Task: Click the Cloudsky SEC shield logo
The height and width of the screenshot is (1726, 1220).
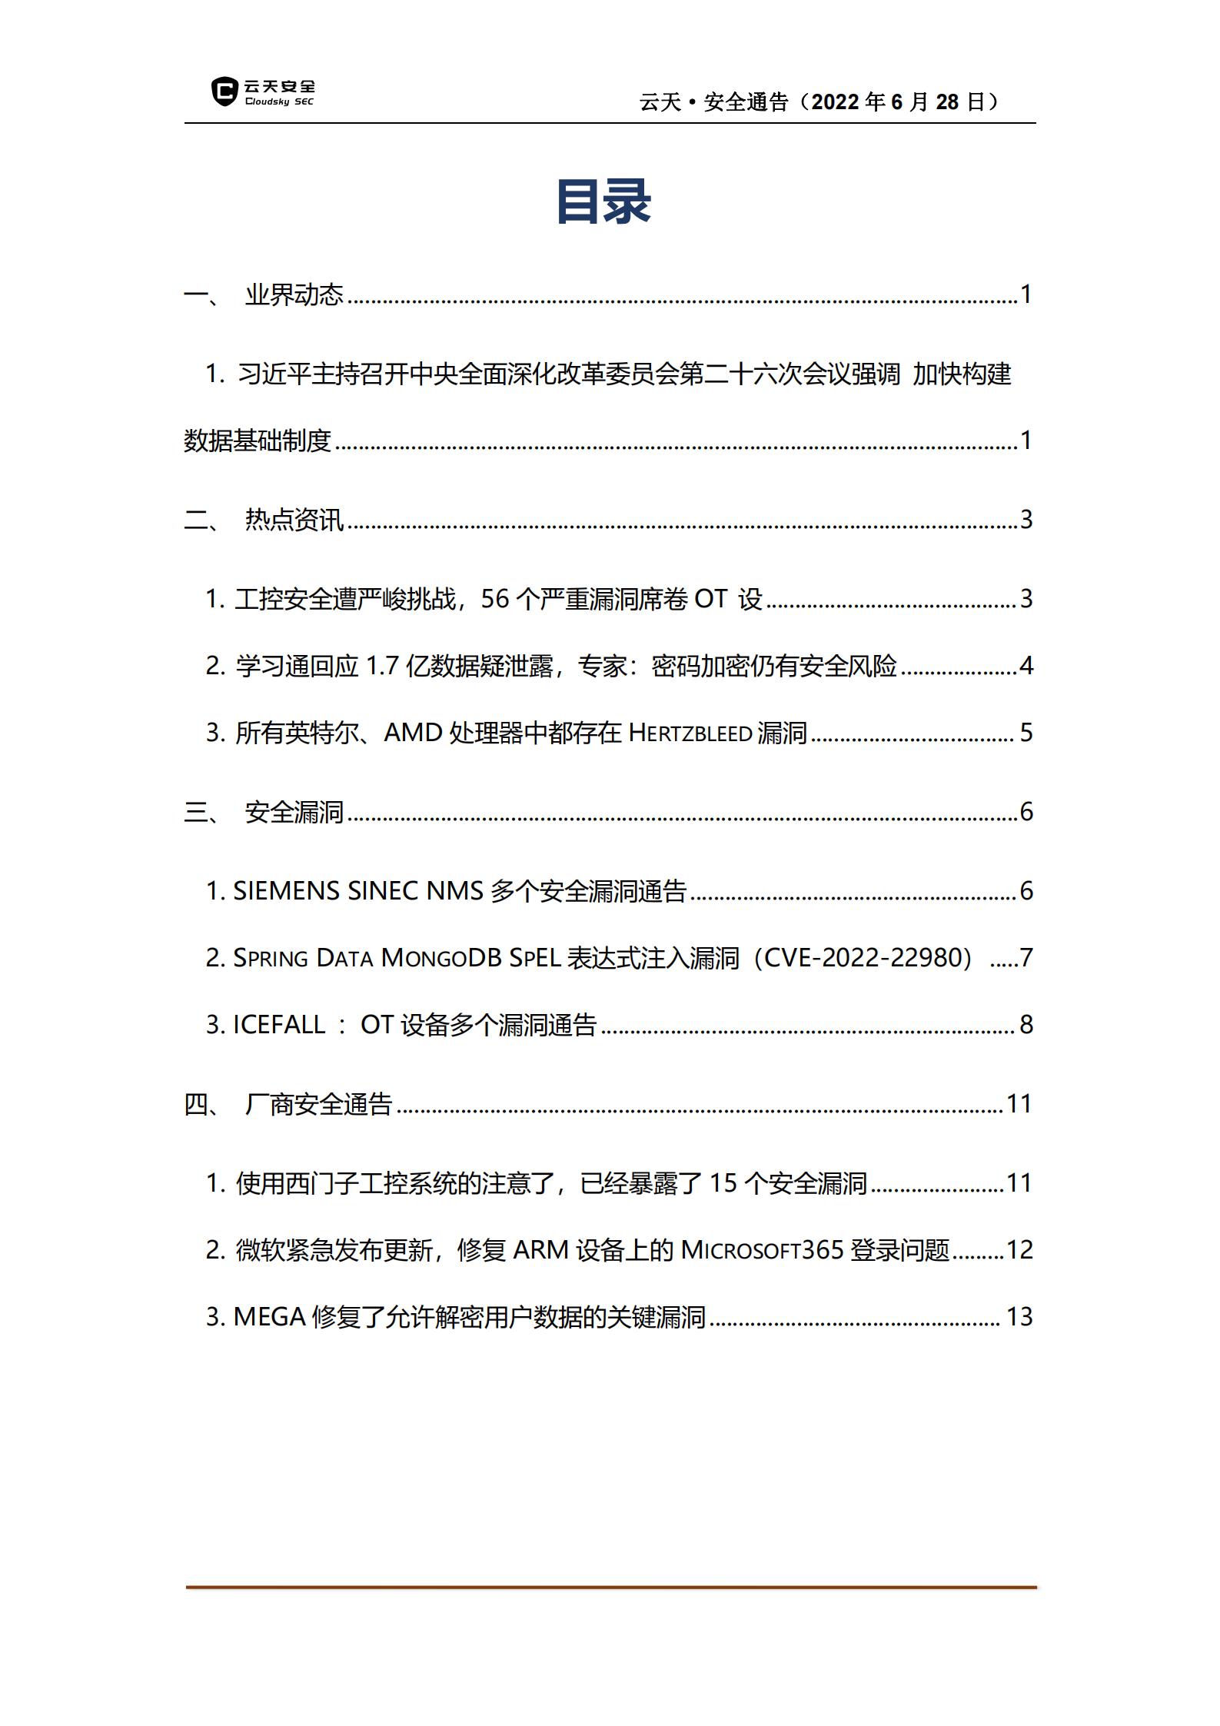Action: (x=224, y=91)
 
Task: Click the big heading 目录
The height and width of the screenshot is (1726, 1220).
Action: (x=603, y=202)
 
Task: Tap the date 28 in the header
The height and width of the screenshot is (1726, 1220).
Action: (x=947, y=102)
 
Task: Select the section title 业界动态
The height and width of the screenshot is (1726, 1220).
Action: (x=294, y=294)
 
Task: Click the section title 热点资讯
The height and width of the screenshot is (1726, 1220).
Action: (x=294, y=520)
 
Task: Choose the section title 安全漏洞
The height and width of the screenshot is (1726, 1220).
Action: (x=294, y=812)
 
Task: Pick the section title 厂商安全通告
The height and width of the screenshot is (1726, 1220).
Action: (x=318, y=1104)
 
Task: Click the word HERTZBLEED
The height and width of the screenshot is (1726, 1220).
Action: (x=690, y=733)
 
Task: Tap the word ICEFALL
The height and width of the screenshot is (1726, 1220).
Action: (x=279, y=1025)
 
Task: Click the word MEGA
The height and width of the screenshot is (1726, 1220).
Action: (x=269, y=1317)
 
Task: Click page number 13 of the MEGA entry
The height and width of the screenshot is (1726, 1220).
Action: (x=1019, y=1317)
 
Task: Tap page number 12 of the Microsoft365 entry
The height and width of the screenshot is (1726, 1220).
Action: (x=1019, y=1250)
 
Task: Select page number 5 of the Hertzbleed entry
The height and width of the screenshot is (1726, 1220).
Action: (x=1026, y=733)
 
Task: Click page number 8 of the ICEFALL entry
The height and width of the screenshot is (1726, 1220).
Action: (x=1026, y=1025)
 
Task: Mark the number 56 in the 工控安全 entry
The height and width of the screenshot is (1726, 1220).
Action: (x=495, y=599)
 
